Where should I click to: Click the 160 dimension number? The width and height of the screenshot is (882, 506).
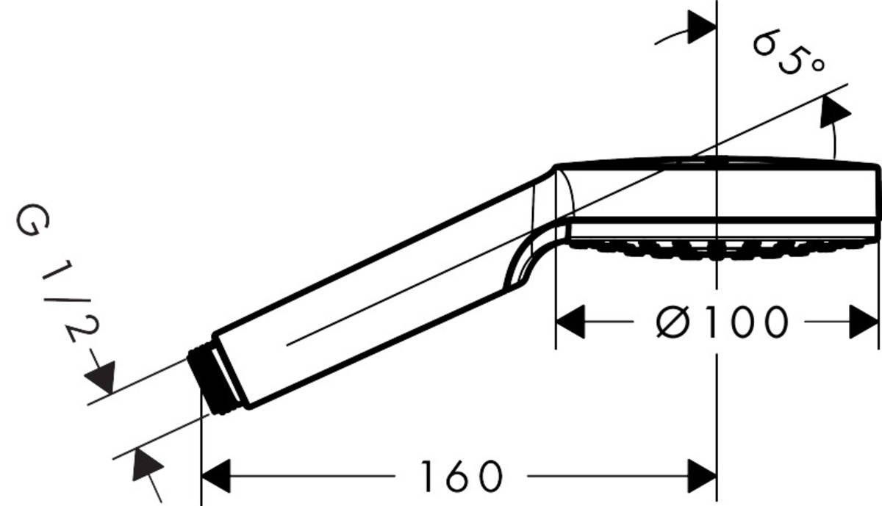coord(461,477)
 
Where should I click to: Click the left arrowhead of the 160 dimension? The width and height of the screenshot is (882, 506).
coord(216,476)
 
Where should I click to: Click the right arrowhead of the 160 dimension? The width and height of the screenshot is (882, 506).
coord(701,476)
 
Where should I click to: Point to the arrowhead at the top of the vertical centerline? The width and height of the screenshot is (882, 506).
coord(701,29)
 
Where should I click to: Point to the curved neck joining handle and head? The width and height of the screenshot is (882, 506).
coord(537,242)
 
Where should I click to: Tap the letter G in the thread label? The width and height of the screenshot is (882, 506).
coord(29,223)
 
